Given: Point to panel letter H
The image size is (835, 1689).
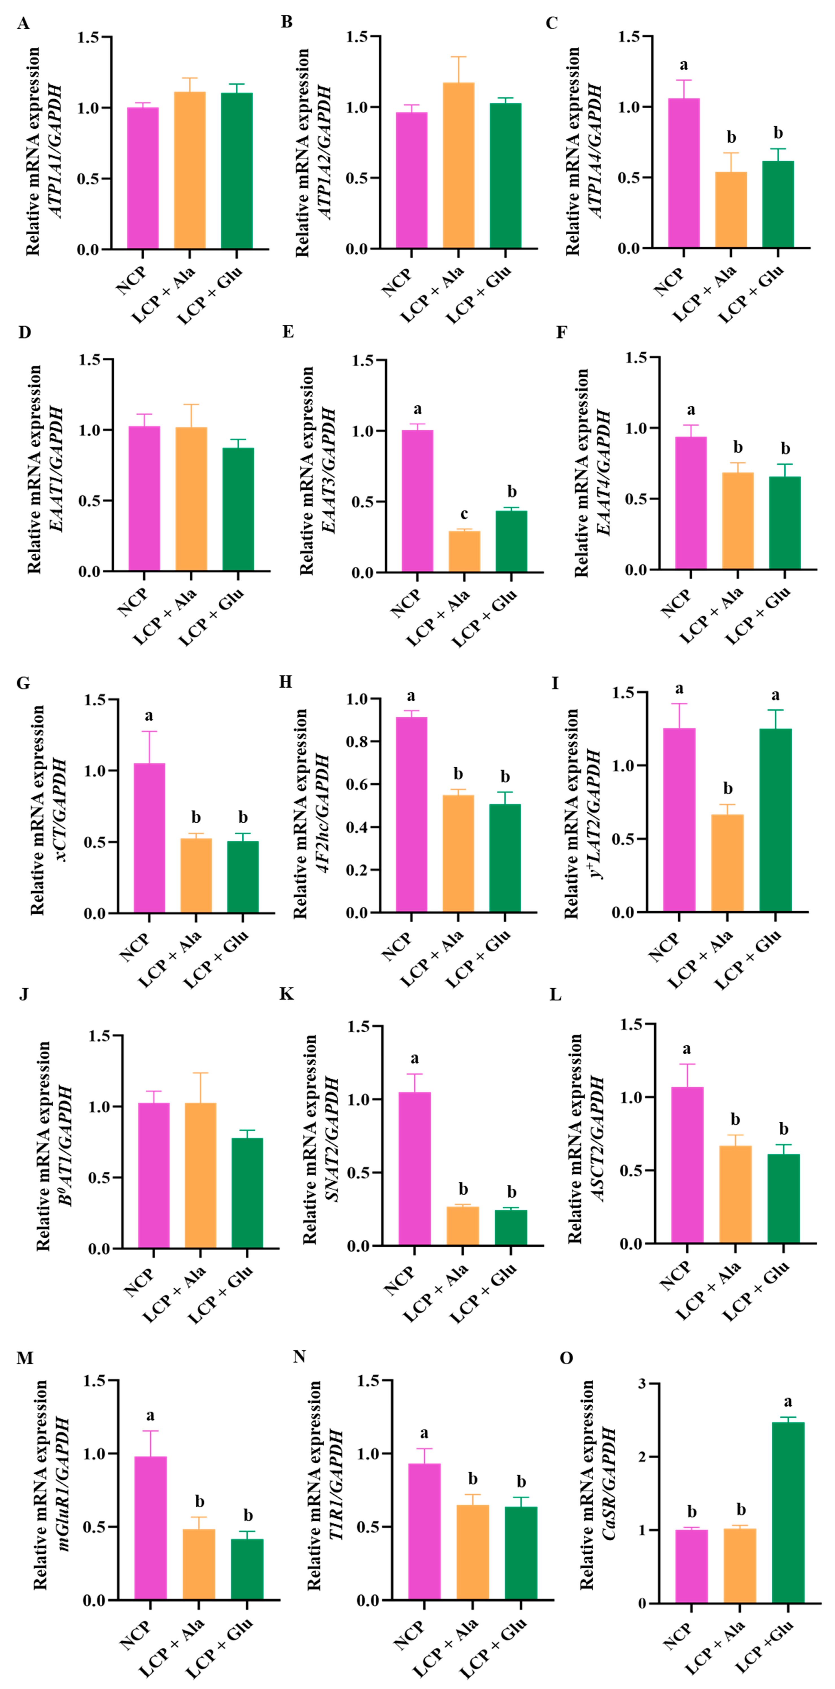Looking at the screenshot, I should point(285,682).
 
